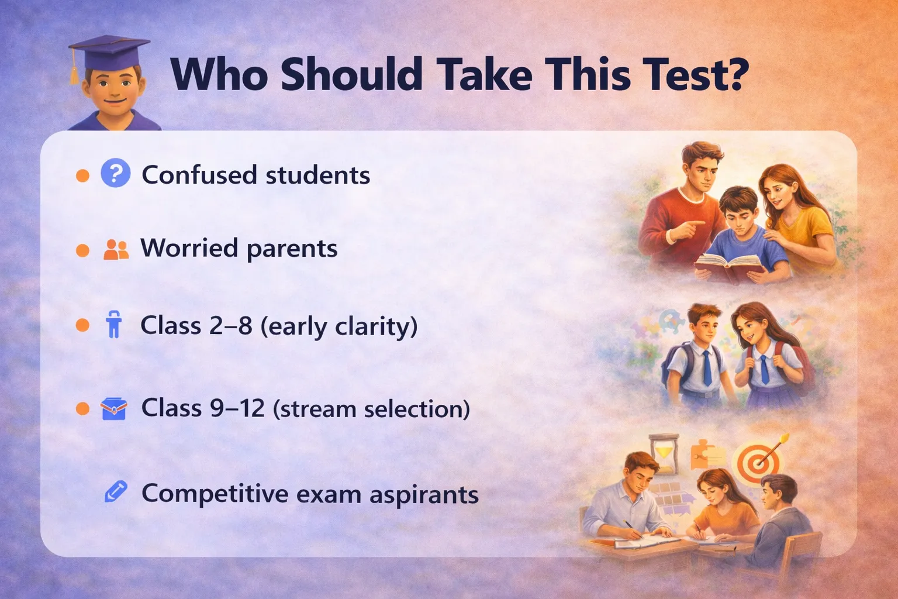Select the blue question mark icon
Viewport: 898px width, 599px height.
(115, 173)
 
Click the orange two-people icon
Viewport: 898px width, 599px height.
(116, 250)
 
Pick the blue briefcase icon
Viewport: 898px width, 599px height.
(114, 409)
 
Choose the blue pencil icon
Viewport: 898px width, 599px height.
(115, 491)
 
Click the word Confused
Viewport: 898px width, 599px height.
(199, 175)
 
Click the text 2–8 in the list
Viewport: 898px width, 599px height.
(230, 325)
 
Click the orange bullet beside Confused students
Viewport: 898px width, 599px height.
(82, 175)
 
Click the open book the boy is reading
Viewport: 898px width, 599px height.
(729, 267)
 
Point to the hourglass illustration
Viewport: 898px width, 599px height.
(664, 454)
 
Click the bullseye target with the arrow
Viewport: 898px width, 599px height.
(758, 462)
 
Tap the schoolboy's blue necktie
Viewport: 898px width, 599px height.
(707, 367)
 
